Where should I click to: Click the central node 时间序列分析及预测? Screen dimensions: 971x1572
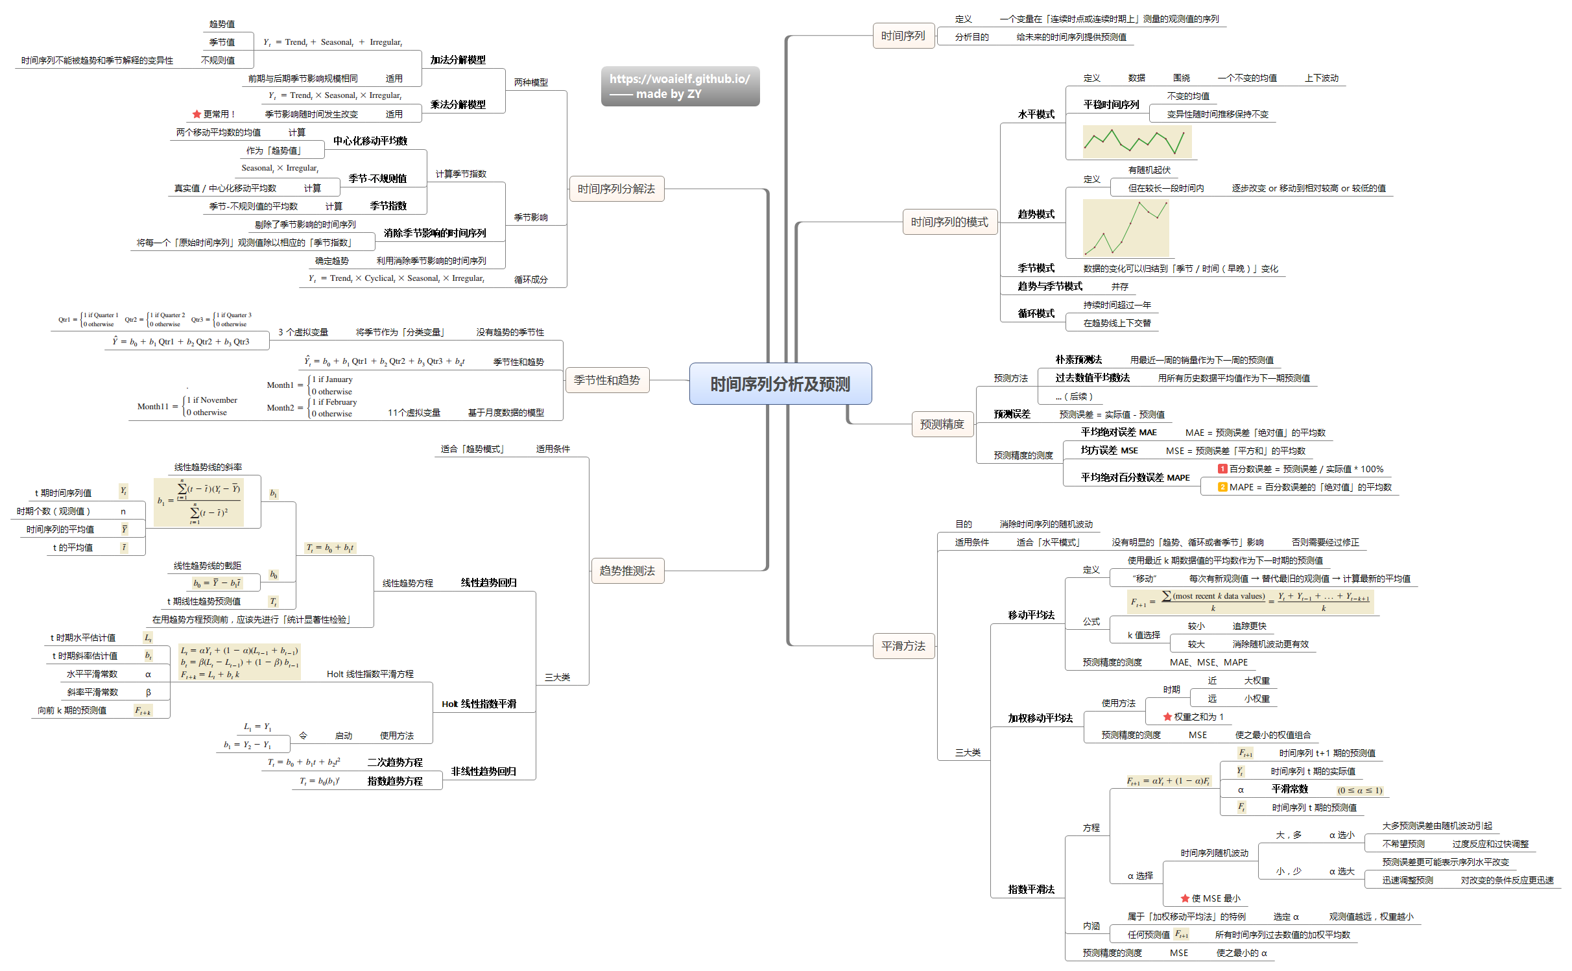pyautogui.click(x=780, y=384)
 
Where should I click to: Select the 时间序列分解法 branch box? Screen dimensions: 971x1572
pyautogui.click(x=616, y=189)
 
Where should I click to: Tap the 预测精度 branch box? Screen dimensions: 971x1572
pyautogui.click(x=942, y=424)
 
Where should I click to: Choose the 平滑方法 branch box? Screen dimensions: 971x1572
pyautogui.click(x=903, y=646)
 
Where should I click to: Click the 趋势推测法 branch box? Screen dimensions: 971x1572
pyautogui.click(x=627, y=571)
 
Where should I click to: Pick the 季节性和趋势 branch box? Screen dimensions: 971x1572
pyautogui.click(x=606, y=380)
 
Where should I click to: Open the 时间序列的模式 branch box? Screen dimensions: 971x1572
pyautogui.click(x=949, y=222)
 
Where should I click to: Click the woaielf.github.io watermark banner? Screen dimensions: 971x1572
pyautogui.click(x=680, y=86)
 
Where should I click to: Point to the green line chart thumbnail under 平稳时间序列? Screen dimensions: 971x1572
pyautogui.click(x=1137, y=142)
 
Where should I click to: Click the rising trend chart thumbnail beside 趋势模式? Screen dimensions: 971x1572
pyautogui.click(x=1125, y=228)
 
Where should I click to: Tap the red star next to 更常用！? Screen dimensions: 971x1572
pyautogui.click(x=196, y=114)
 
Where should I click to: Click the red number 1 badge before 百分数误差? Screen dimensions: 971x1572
pyautogui.click(x=1222, y=469)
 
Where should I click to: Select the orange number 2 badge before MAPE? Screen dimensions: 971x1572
pyautogui.click(x=1222, y=487)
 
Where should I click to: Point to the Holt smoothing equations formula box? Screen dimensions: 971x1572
pyautogui.click(x=239, y=662)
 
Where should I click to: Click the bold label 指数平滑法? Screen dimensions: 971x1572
pyautogui.click(x=1031, y=889)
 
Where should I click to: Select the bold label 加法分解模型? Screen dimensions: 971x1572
pyautogui.click(x=458, y=60)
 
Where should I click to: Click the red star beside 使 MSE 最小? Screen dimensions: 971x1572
pyautogui.click(x=1185, y=898)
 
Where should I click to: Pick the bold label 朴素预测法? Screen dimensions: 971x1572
pyautogui.click(x=1078, y=359)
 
